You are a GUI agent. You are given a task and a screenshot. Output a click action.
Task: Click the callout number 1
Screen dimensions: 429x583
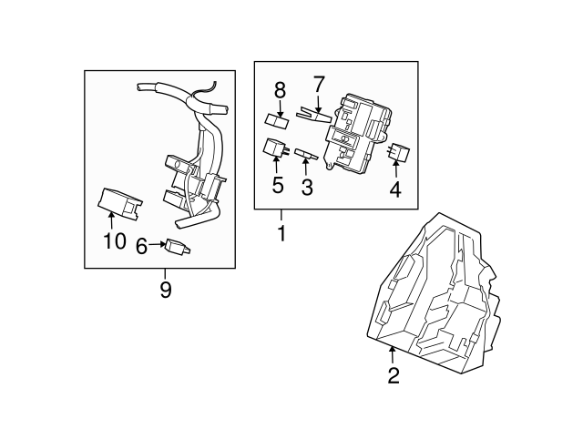point(281,233)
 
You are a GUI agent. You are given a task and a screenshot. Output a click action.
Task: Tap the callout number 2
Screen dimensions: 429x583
point(394,375)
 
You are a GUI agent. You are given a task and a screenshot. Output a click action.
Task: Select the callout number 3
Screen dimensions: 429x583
point(307,189)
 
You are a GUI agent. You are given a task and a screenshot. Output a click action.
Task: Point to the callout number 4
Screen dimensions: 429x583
point(394,189)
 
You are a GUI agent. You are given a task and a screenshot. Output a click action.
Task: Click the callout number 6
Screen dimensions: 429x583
point(141,245)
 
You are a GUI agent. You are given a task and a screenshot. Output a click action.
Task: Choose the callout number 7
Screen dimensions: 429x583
point(318,85)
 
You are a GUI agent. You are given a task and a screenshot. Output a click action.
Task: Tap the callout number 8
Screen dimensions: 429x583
point(280,90)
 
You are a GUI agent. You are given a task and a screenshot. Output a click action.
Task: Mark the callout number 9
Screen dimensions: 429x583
point(165,291)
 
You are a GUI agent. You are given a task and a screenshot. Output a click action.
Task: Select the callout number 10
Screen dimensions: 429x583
point(115,241)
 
